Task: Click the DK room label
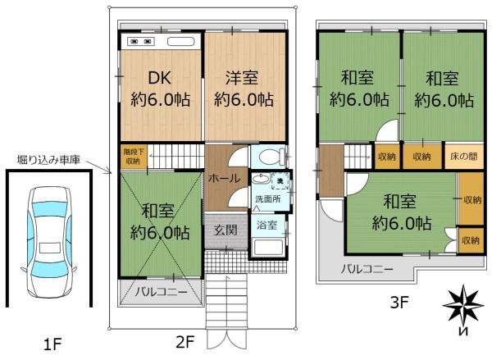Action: coord(159,78)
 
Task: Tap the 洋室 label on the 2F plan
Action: coord(242,78)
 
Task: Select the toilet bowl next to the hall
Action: coord(270,157)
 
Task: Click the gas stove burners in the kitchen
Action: coord(141,41)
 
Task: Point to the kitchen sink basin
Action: coord(180,42)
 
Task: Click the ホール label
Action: coord(224,179)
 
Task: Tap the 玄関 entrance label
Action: coord(225,230)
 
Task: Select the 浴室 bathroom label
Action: coord(267,225)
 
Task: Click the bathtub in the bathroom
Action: coord(268,248)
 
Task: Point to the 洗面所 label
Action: coord(268,199)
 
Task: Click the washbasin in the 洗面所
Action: coord(261,179)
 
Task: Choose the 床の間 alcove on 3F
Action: coord(464,157)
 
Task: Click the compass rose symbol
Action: coord(463,304)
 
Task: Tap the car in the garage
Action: coord(49,242)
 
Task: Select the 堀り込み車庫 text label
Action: coord(48,160)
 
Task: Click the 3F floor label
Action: coord(399,303)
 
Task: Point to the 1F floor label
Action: coord(52,344)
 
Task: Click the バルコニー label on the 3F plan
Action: coord(367,269)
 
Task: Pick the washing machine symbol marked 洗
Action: coord(280,180)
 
